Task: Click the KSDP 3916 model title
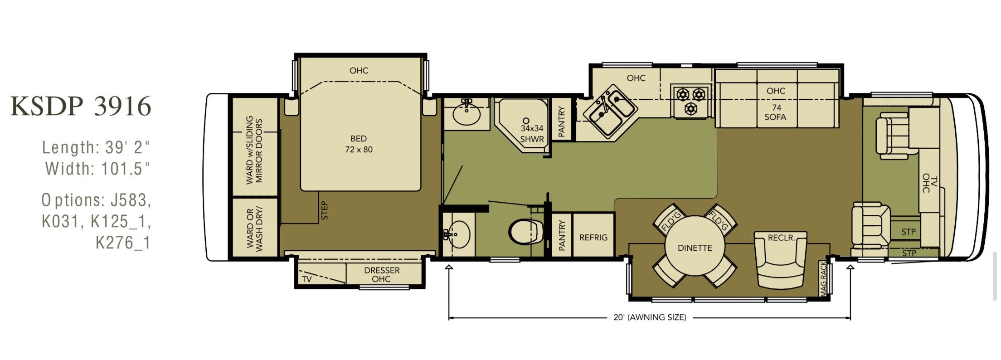point(81,106)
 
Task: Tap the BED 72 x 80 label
point(359,144)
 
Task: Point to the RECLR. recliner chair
point(781,260)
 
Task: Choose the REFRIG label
point(593,238)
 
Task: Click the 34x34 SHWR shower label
point(531,134)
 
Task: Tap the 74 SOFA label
point(776,112)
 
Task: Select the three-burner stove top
point(691,101)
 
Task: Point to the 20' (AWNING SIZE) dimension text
point(650,317)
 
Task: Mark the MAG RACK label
point(823,279)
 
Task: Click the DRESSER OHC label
point(382,274)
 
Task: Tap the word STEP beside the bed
point(324,210)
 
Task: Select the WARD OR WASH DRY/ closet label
point(254,229)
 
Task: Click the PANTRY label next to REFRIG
point(562,235)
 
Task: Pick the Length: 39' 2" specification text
point(96,147)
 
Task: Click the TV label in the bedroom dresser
point(307,279)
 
